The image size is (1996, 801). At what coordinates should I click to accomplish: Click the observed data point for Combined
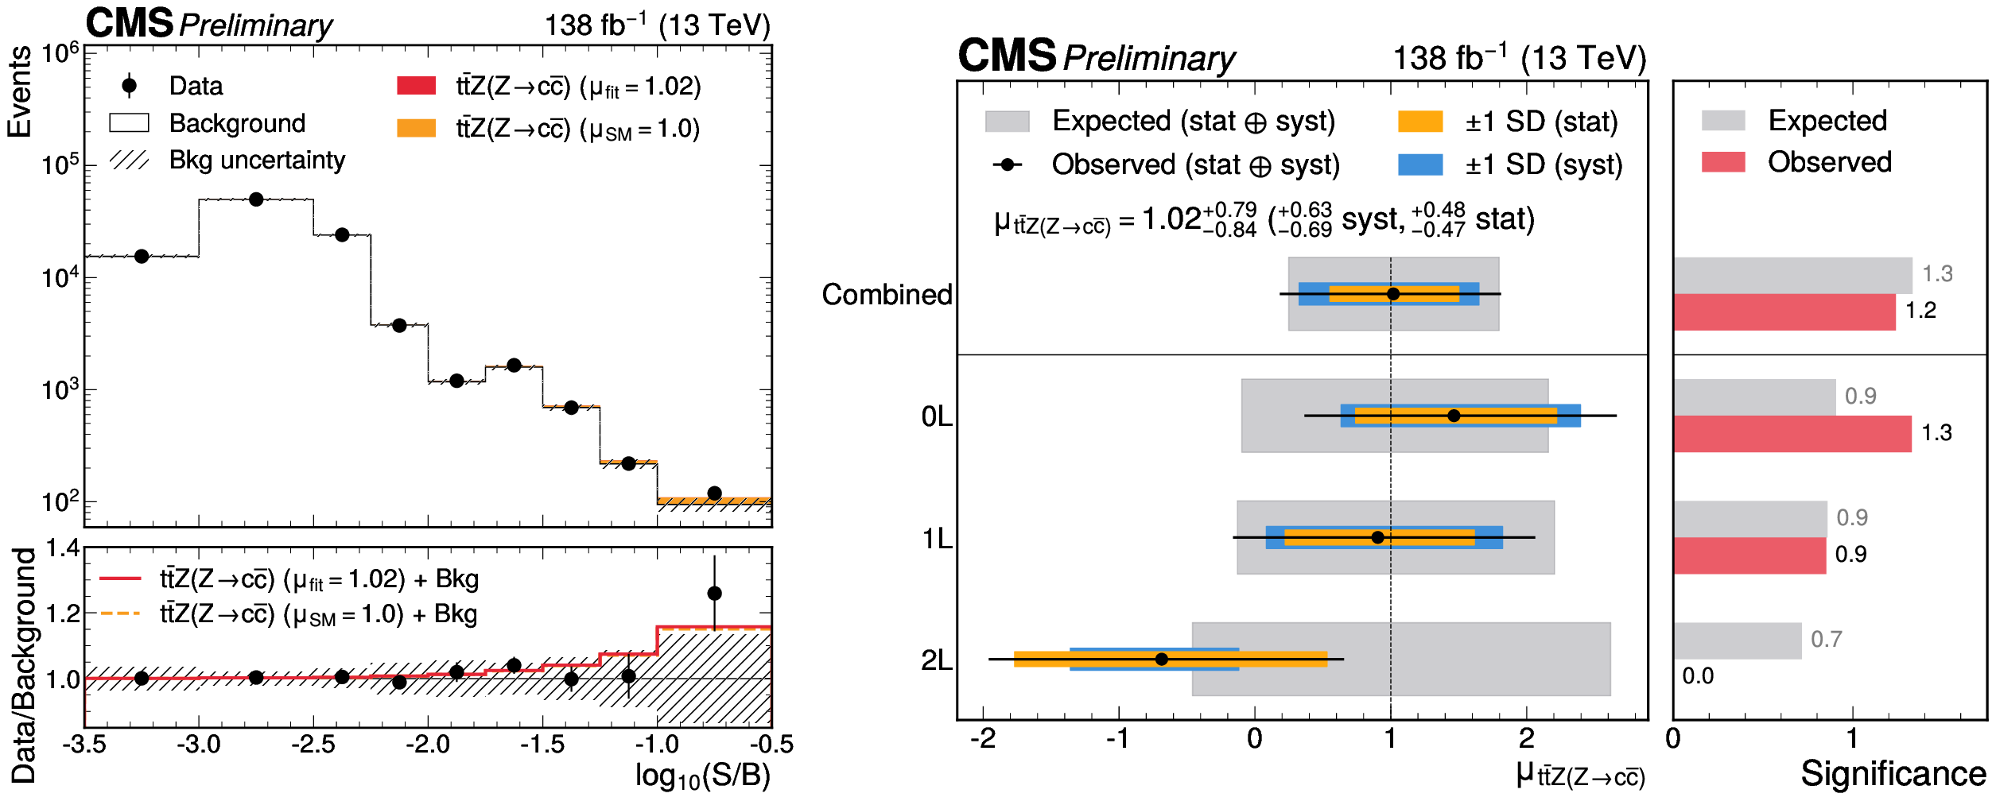[x=1392, y=294]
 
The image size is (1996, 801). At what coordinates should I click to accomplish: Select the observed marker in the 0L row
[x=1454, y=416]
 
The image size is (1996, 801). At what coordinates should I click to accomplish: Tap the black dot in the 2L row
[x=1161, y=659]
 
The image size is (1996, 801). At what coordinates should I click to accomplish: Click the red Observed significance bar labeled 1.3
[x=1792, y=434]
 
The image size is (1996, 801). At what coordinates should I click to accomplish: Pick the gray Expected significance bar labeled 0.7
[x=1737, y=640]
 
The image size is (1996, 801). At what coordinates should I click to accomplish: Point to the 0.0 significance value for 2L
[x=1698, y=676]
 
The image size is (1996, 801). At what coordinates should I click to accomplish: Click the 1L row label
[x=937, y=539]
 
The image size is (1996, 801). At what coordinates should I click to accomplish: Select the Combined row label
[x=887, y=294]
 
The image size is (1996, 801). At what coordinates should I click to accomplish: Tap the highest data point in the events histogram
[x=256, y=199]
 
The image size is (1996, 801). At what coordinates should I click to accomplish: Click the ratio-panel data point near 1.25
[x=714, y=593]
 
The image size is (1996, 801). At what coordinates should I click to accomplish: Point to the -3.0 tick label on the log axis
[x=199, y=745]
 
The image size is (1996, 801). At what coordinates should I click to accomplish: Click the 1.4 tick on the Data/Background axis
[x=63, y=548]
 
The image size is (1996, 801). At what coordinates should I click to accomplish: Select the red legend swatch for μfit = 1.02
[x=416, y=86]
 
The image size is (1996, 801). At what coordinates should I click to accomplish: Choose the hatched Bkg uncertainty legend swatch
[x=129, y=160]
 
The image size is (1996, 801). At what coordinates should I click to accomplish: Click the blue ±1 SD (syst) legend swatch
[x=1420, y=164]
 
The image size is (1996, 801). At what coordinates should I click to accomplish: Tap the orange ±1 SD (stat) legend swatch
[x=1420, y=122]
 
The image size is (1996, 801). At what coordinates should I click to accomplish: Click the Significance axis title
[x=1893, y=773]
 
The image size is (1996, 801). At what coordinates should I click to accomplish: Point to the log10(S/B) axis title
[x=702, y=776]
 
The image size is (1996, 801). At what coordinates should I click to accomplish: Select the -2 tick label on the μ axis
[x=983, y=739]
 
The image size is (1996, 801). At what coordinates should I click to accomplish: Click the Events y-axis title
[x=19, y=91]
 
